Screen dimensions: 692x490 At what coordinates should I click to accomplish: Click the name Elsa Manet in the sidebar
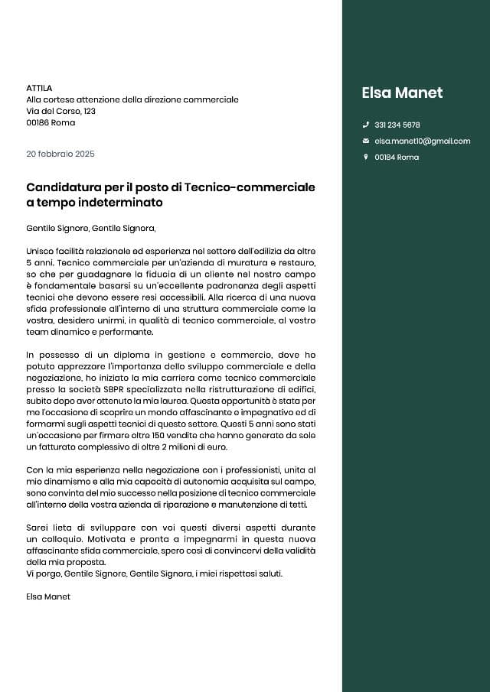coord(402,93)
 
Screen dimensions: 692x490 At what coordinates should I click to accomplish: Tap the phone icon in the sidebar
coord(366,125)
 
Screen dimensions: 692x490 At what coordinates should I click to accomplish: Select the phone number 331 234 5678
coord(397,125)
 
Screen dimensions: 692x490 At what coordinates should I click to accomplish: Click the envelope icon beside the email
coord(366,141)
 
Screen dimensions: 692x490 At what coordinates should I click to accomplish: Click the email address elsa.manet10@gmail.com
coord(422,141)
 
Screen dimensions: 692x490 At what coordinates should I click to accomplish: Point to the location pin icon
coord(366,157)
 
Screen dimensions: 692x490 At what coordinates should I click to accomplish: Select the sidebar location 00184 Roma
coord(396,157)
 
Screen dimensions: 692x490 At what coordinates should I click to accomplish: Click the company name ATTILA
coord(39,88)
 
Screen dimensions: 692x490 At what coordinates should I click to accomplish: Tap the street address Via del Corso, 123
coord(60,111)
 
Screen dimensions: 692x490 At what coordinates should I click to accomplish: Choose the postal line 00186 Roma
coord(51,122)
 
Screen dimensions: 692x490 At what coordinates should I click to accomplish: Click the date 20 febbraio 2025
coord(60,154)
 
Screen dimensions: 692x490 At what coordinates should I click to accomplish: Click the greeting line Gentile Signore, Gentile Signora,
coord(90,228)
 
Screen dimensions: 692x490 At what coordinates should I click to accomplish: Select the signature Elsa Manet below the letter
coord(47,596)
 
